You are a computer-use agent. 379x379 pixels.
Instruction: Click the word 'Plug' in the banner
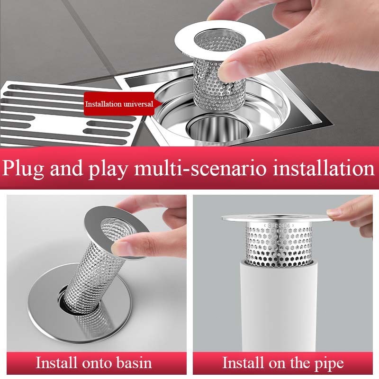pyautogui.click(x=23, y=169)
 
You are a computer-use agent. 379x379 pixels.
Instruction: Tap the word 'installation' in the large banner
pyautogui.click(x=324, y=168)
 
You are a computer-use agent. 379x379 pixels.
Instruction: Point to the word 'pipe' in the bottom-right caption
pyautogui.click(x=329, y=364)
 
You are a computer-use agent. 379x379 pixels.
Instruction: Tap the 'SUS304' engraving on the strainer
pyautogui.click(x=279, y=226)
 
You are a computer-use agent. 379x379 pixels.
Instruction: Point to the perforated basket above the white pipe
pyautogui.click(x=279, y=244)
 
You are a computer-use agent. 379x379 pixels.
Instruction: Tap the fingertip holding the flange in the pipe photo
pyautogui.click(x=334, y=212)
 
